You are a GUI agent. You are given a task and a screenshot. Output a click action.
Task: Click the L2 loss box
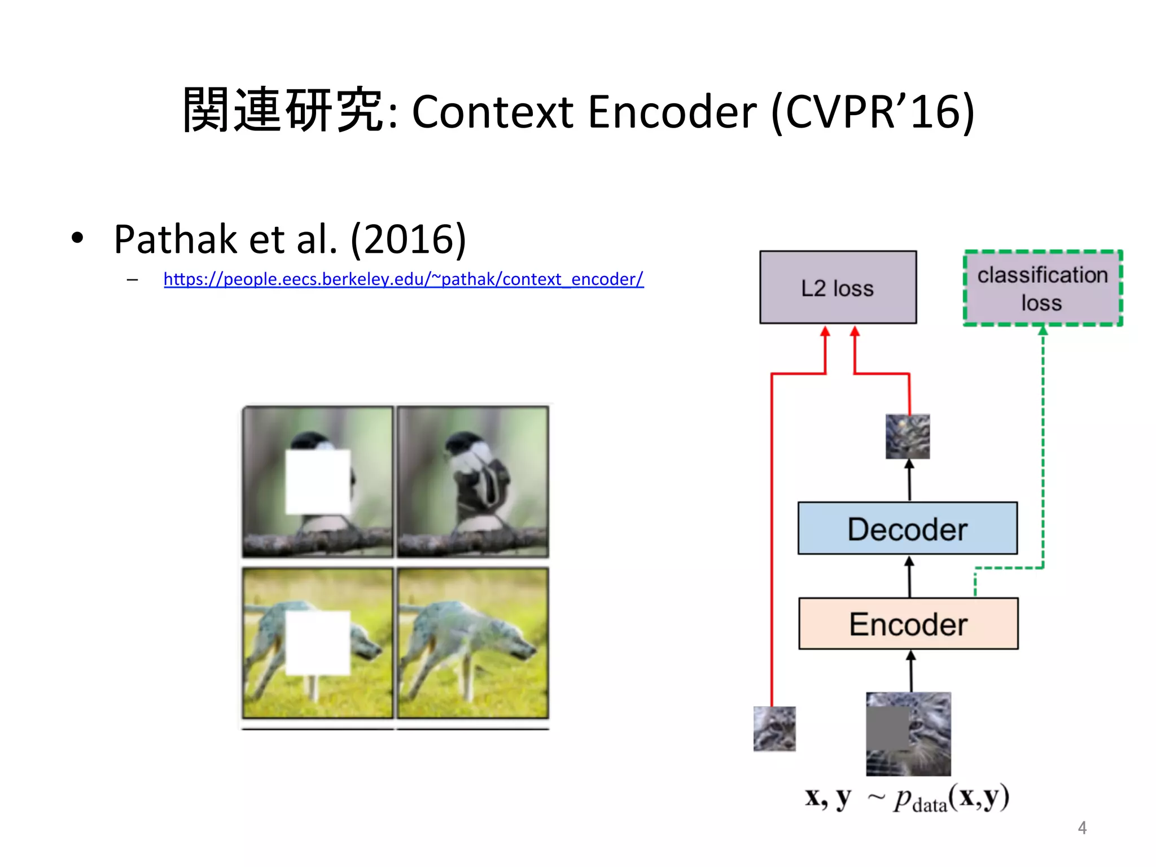point(838,287)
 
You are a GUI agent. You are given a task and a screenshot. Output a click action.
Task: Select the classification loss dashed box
point(1042,288)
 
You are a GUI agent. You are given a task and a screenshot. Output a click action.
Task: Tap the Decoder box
point(907,528)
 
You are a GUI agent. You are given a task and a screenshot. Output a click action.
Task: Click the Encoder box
point(908,624)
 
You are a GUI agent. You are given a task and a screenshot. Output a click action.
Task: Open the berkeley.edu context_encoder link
point(403,279)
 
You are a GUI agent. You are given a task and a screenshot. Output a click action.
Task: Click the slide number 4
point(1081,827)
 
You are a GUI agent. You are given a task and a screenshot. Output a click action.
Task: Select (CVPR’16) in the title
point(872,112)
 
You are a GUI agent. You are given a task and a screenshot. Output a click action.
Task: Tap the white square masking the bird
point(318,481)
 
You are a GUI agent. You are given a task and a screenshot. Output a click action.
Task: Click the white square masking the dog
point(318,642)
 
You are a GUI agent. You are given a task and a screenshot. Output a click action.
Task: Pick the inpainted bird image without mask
point(472,481)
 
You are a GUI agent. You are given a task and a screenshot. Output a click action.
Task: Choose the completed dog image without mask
point(472,642)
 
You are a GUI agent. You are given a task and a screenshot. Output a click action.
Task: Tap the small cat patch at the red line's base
point(774,729)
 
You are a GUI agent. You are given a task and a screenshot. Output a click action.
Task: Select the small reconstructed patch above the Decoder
point(907,436)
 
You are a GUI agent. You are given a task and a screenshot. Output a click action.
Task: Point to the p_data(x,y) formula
point(951,798)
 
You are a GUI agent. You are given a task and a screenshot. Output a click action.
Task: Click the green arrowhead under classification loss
point(1043,330)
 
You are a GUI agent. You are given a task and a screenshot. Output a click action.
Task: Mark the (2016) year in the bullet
point(408,239)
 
